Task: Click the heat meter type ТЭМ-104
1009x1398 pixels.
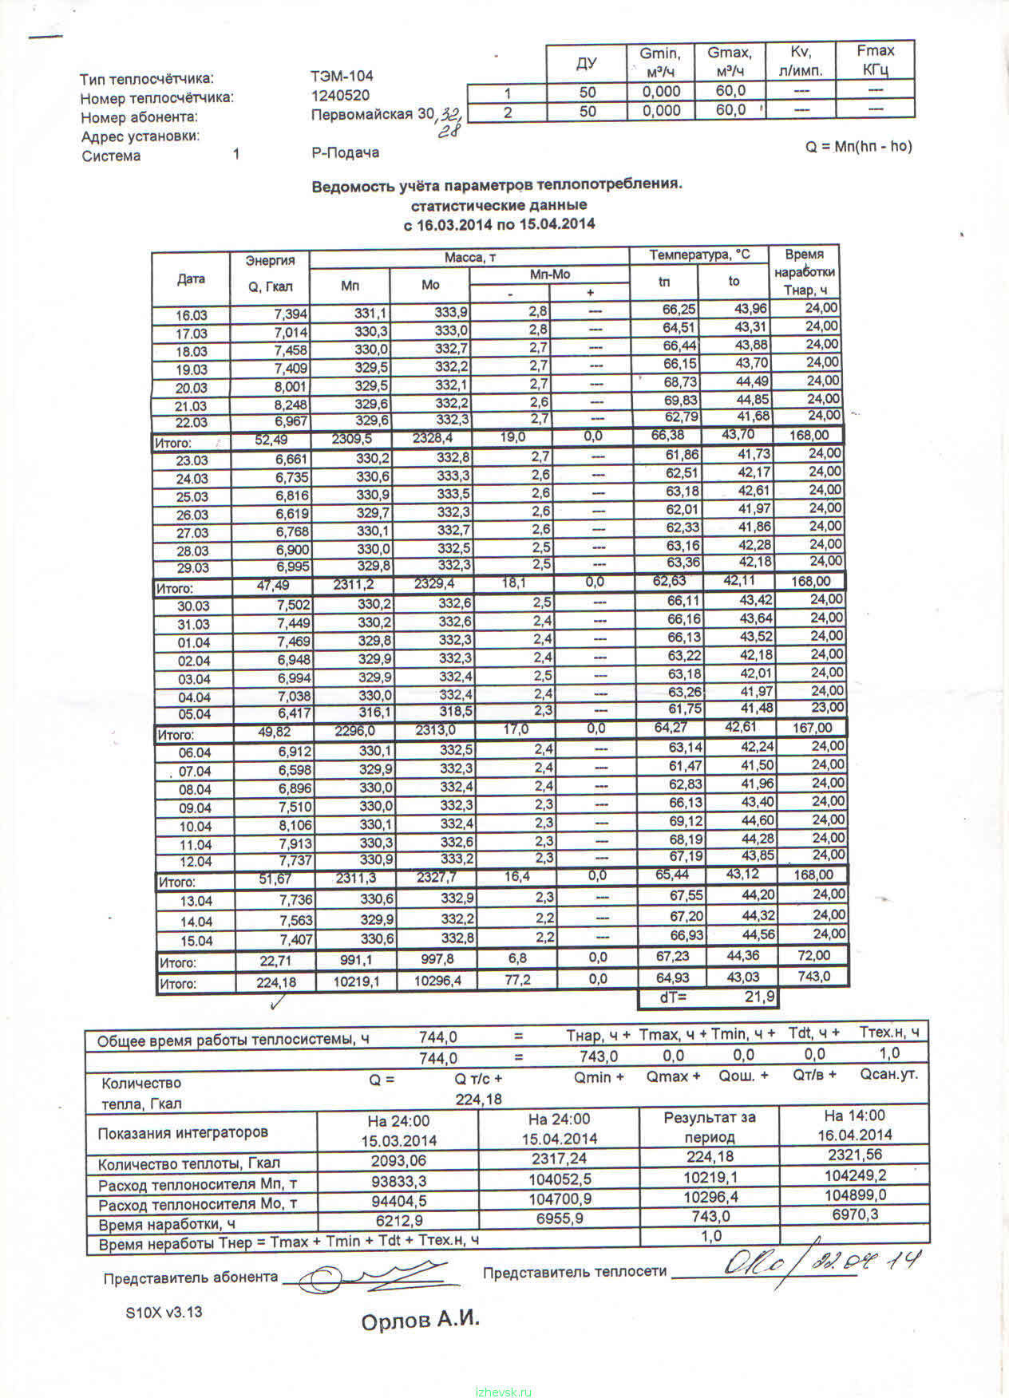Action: [x=342, y=77]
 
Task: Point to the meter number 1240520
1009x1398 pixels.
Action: [x=340, y=96]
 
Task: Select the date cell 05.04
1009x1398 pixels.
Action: [x=194, y=714]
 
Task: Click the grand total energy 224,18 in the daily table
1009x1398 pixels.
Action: [x=276, y=983]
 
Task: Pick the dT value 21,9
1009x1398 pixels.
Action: [x=759, y=997]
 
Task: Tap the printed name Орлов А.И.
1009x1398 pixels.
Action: [x=420, y=1319]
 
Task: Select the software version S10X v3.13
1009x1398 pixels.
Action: [x=164, y=1312]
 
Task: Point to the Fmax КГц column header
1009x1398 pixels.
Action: [x=875, y=60]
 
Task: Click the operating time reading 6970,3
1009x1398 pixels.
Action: [x=855, y=1214]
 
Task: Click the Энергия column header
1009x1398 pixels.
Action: [x=270, y=260]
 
